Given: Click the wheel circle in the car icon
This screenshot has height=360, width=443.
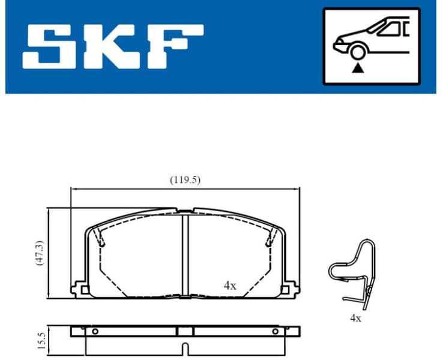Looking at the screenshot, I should (x=358, y=52).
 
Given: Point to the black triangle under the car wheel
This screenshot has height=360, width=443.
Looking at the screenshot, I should (x=358, y=68).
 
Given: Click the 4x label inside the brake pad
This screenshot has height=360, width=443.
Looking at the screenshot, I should (x=230, y=286).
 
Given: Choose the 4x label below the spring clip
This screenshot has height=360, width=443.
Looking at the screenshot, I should (x=355, y=318).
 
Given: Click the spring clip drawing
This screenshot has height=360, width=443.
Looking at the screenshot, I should (x=354, y=273).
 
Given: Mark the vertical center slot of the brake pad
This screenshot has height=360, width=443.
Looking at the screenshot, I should (x=185, y=252).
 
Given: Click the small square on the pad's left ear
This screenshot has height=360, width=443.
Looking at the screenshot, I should (x=84, y=291).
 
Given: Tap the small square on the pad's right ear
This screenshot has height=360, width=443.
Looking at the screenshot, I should (x=286, y=291).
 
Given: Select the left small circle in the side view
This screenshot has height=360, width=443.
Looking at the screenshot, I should (x=94, y=331).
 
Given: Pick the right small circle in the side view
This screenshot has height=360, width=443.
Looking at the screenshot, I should (x=276, y=331).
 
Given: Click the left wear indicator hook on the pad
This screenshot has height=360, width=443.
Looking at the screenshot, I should (x=102, y=242).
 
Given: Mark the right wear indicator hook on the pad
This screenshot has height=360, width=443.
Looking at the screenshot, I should (x=268, y=242).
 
